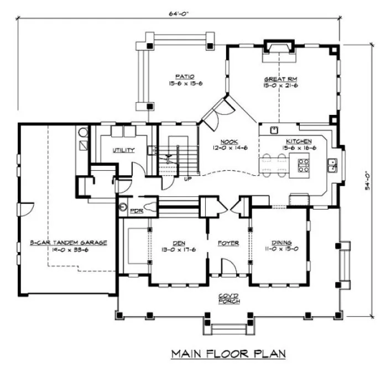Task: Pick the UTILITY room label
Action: tap(124, 150)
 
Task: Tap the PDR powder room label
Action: tap(134, 210)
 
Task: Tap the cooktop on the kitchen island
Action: tap(304, 165)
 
